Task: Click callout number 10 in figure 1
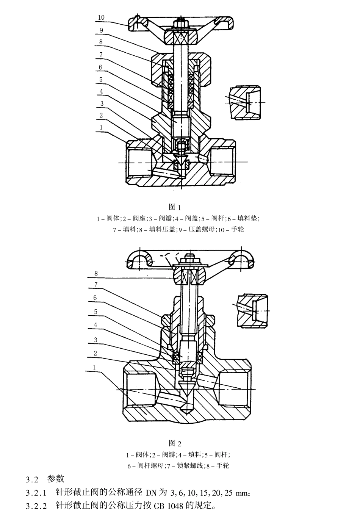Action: pos(101,17)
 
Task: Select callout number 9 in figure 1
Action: pos(102,30)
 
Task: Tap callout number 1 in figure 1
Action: pos(101,128)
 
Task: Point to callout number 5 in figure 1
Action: pos(101,79)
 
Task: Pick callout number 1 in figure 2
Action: pos(94,367)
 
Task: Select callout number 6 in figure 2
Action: pos(95,298)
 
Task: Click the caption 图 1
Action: pos(175,207)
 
